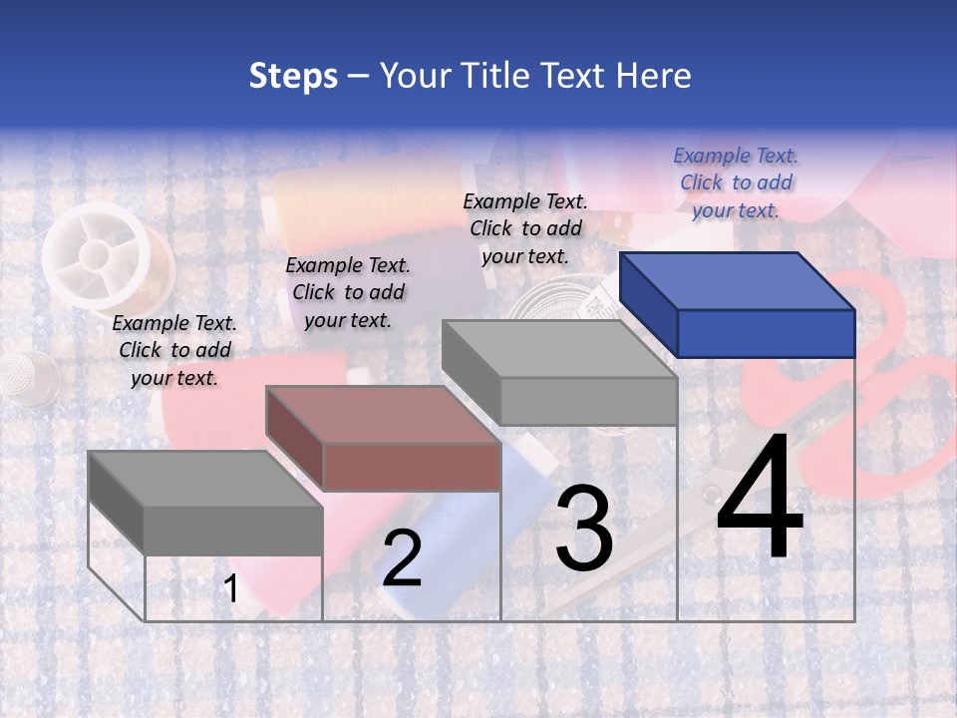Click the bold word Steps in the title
293,76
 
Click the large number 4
760,500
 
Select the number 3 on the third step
584,530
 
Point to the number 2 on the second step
402,559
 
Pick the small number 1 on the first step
231,589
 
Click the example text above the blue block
736,182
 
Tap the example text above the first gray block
174,351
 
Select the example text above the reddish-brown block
347,292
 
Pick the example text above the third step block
525,228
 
